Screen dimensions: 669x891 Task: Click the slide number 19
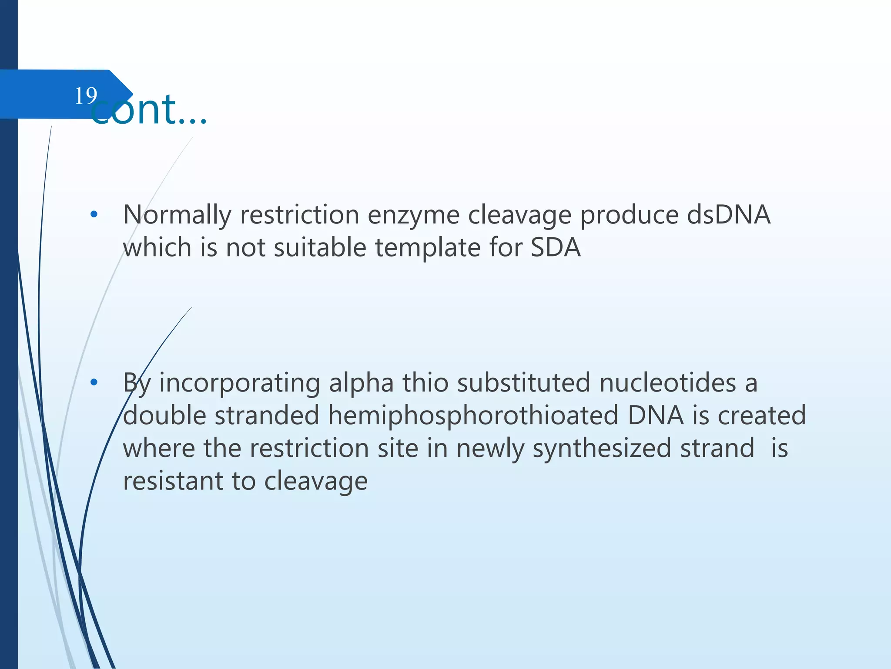coord(86,95)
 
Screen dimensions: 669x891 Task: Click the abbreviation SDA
coord(556,248)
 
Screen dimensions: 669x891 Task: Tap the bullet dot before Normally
coord(94,215)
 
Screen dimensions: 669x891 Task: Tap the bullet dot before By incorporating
coord(94,382)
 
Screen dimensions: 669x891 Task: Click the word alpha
coord(361,383)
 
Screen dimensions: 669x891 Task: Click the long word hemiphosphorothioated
coord(473,416)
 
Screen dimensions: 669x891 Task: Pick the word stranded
coord(267,416)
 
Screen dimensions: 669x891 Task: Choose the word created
coord(761,416)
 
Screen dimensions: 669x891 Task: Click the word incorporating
coord(240,383)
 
